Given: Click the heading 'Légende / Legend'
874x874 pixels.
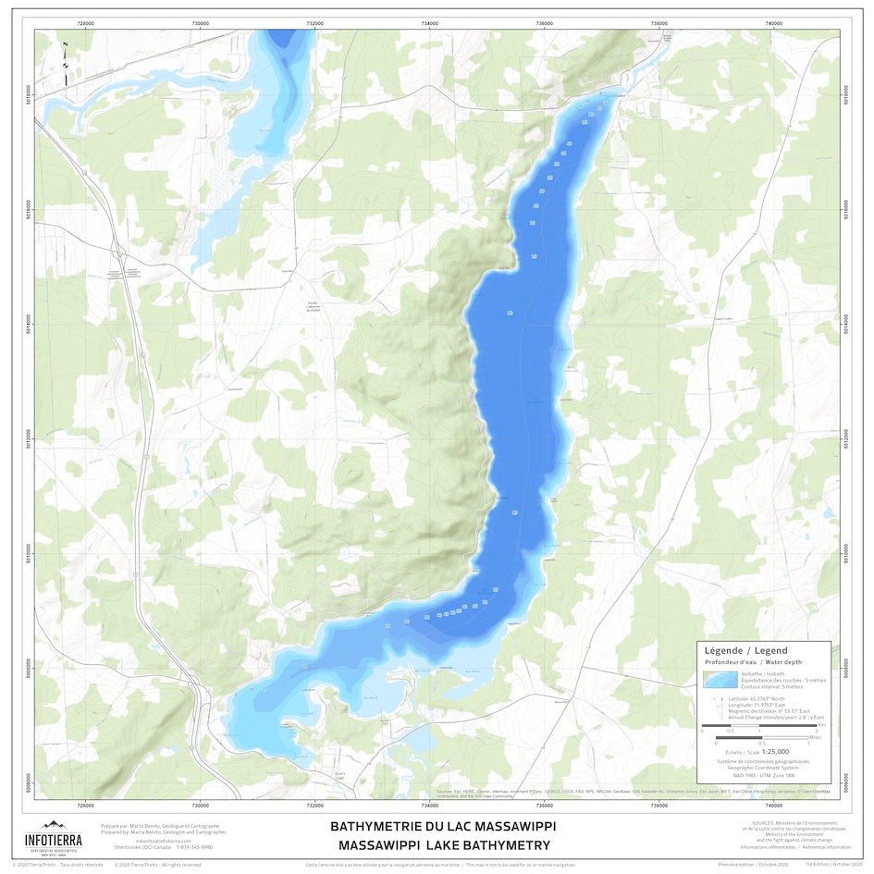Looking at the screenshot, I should pyautogui.click(x=746, y=651).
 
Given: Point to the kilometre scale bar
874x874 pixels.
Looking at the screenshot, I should pyautogui.click(x=757, y=724).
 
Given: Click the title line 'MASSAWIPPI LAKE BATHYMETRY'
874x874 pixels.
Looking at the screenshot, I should pyautogui.click(x=444, y=845).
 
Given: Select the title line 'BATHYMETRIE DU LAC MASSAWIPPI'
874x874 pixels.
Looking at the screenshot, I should pyautogui.click(x=444, y=826).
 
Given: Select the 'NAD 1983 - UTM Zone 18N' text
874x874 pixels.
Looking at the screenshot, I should pyautogui.click(x=763, y=775).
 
